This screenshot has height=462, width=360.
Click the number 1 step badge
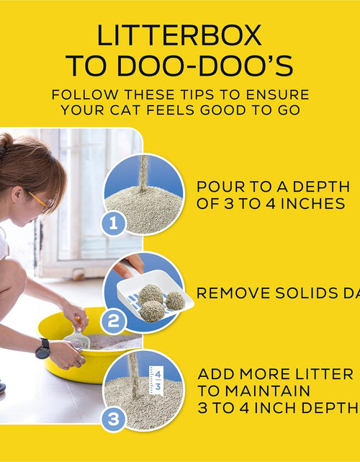coord(112,223)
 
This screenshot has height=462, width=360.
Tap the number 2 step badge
coord(112,321)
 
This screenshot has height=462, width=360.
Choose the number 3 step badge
coord(112,419)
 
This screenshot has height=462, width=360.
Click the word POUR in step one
coord(221,186)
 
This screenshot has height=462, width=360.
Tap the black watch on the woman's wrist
coord(42,348)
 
